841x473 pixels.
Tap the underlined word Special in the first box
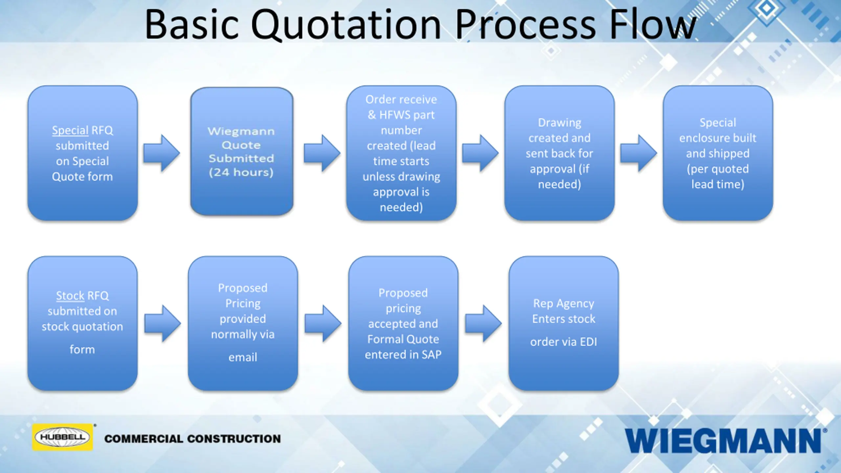70,130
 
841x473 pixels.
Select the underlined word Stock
70,296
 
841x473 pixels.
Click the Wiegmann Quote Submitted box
241,151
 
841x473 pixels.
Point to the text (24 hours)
241,172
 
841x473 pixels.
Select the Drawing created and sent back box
559,153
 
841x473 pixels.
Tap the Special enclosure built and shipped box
717,153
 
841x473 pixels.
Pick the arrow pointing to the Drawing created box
480,153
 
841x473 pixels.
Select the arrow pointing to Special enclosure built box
638,153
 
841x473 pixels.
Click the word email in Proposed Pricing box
243,357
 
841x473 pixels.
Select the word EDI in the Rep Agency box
588,342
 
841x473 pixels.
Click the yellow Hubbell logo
62,437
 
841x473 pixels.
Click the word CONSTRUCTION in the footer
234,439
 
